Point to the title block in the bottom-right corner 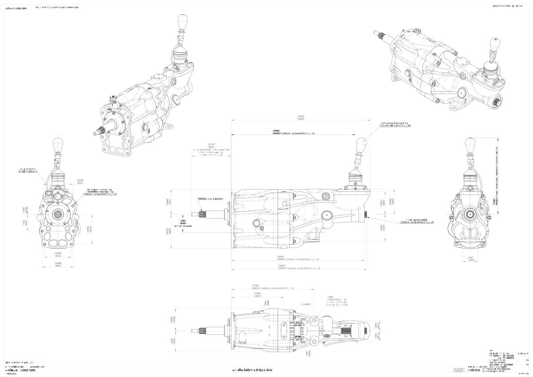pyautogui.click(x=509, y=360)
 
